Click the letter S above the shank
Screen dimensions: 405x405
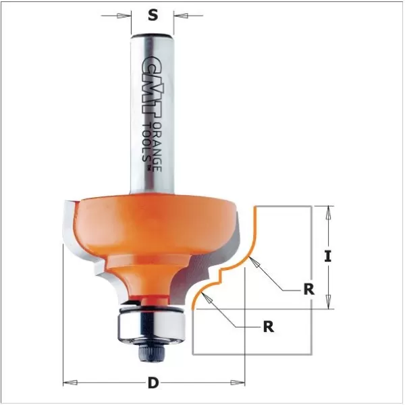pyautogui.click(x=153, y=16)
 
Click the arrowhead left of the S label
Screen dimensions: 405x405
pyautogui.click(x=126, y=15)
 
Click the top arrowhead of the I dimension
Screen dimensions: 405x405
pyautogui.click(x=329, y=211)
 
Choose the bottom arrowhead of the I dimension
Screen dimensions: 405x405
pyautogui.click(x=329, y=304)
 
